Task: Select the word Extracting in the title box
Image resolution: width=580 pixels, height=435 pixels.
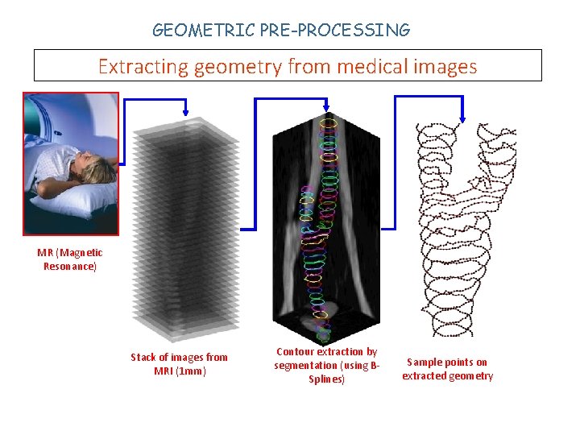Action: pos(142,66)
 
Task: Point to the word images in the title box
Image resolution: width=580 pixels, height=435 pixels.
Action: pos(446,66)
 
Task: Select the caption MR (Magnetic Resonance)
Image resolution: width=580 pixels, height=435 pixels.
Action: pos(70,259)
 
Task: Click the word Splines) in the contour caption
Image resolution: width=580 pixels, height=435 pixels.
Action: pos(326,379)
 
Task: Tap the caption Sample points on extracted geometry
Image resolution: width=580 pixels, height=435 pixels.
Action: pos(447,369)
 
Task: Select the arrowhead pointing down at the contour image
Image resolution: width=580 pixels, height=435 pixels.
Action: pos(325,109)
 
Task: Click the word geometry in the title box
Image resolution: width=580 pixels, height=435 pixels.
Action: pos(236,66)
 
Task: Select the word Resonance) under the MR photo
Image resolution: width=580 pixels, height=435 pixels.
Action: pos(70,266)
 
